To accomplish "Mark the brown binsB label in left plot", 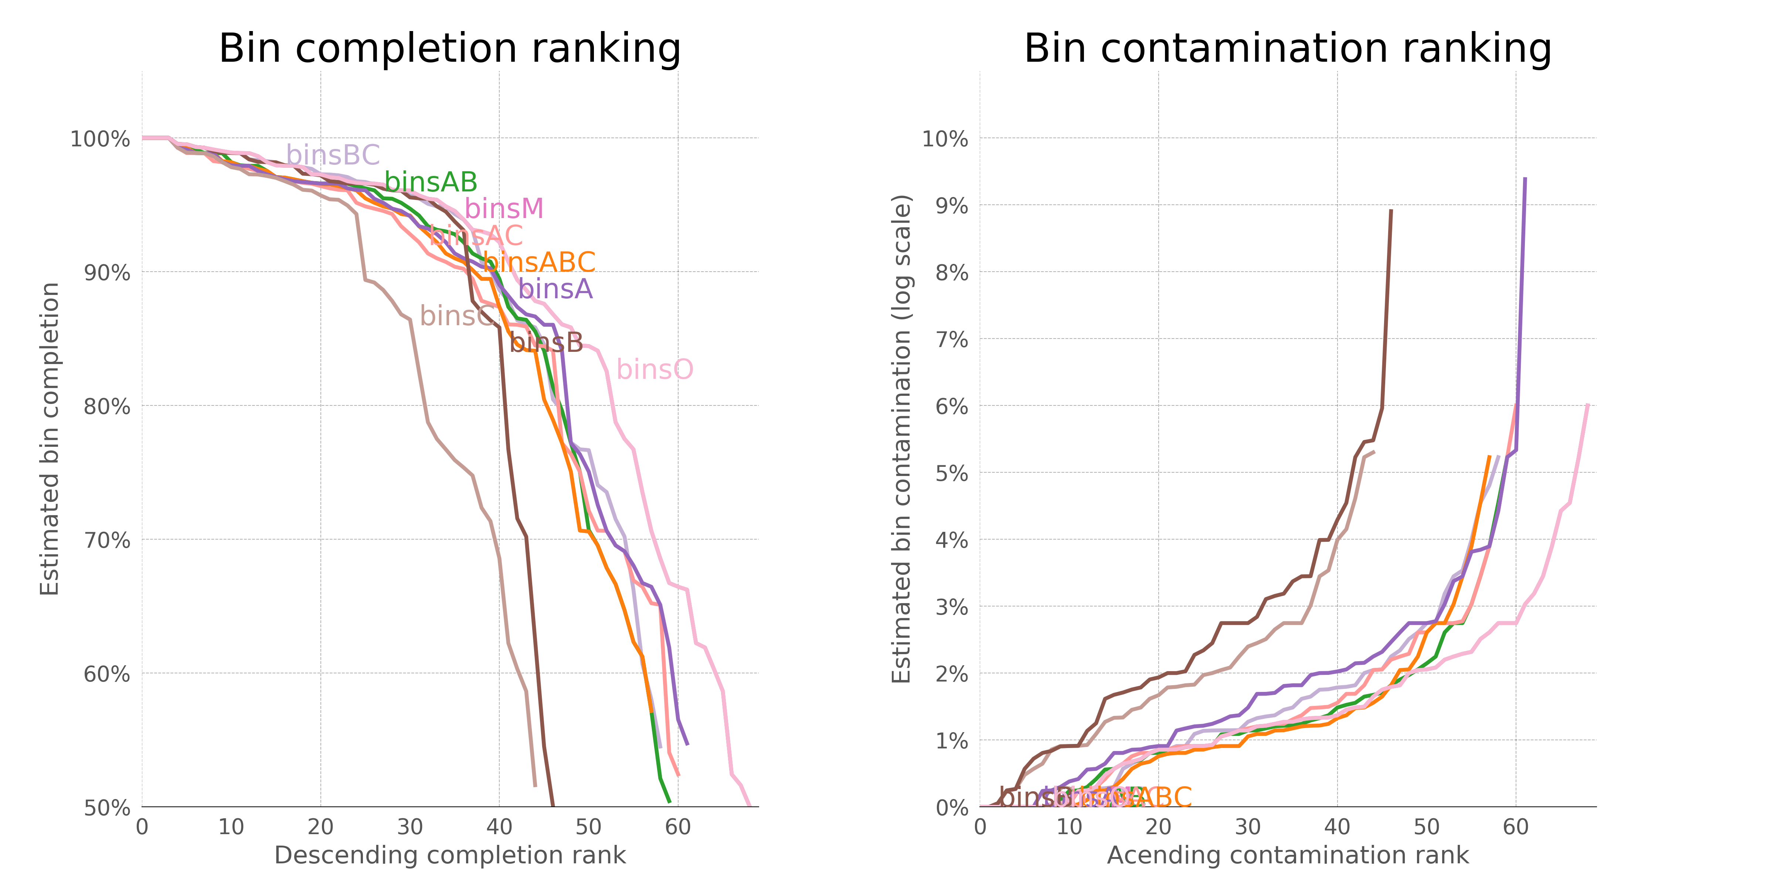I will pos(546,342).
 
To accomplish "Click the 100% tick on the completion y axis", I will pos(100,139).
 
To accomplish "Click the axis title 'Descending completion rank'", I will pos(450,855).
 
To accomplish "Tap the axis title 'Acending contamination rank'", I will pos(1287,855).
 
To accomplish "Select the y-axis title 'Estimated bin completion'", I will pos(50,439).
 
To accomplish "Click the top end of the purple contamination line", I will pos(1525,179).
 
